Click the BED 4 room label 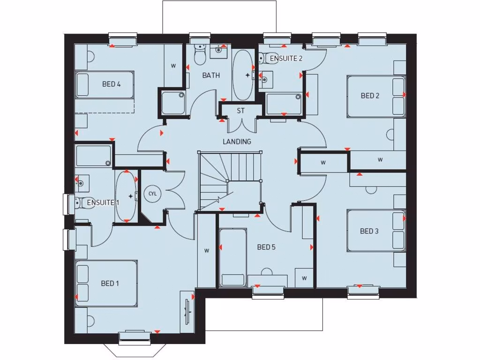coord(112,84)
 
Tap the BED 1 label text coord(110,283)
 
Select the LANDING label coord(237,141)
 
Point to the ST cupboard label coord(240,111)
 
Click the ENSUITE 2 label coord(286,59)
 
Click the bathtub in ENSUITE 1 coord(126,196)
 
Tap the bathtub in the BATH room coord(242,75)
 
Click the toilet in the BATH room coord(200,55)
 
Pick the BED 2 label coord(370,96)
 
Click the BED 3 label coord(369,231)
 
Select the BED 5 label coord(266,247)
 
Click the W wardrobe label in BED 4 coord(173,66)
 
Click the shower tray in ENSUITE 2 coord(284,104)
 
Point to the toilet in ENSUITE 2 coord(262,59)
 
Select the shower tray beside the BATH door coord(173,103)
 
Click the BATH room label coord(211,75)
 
